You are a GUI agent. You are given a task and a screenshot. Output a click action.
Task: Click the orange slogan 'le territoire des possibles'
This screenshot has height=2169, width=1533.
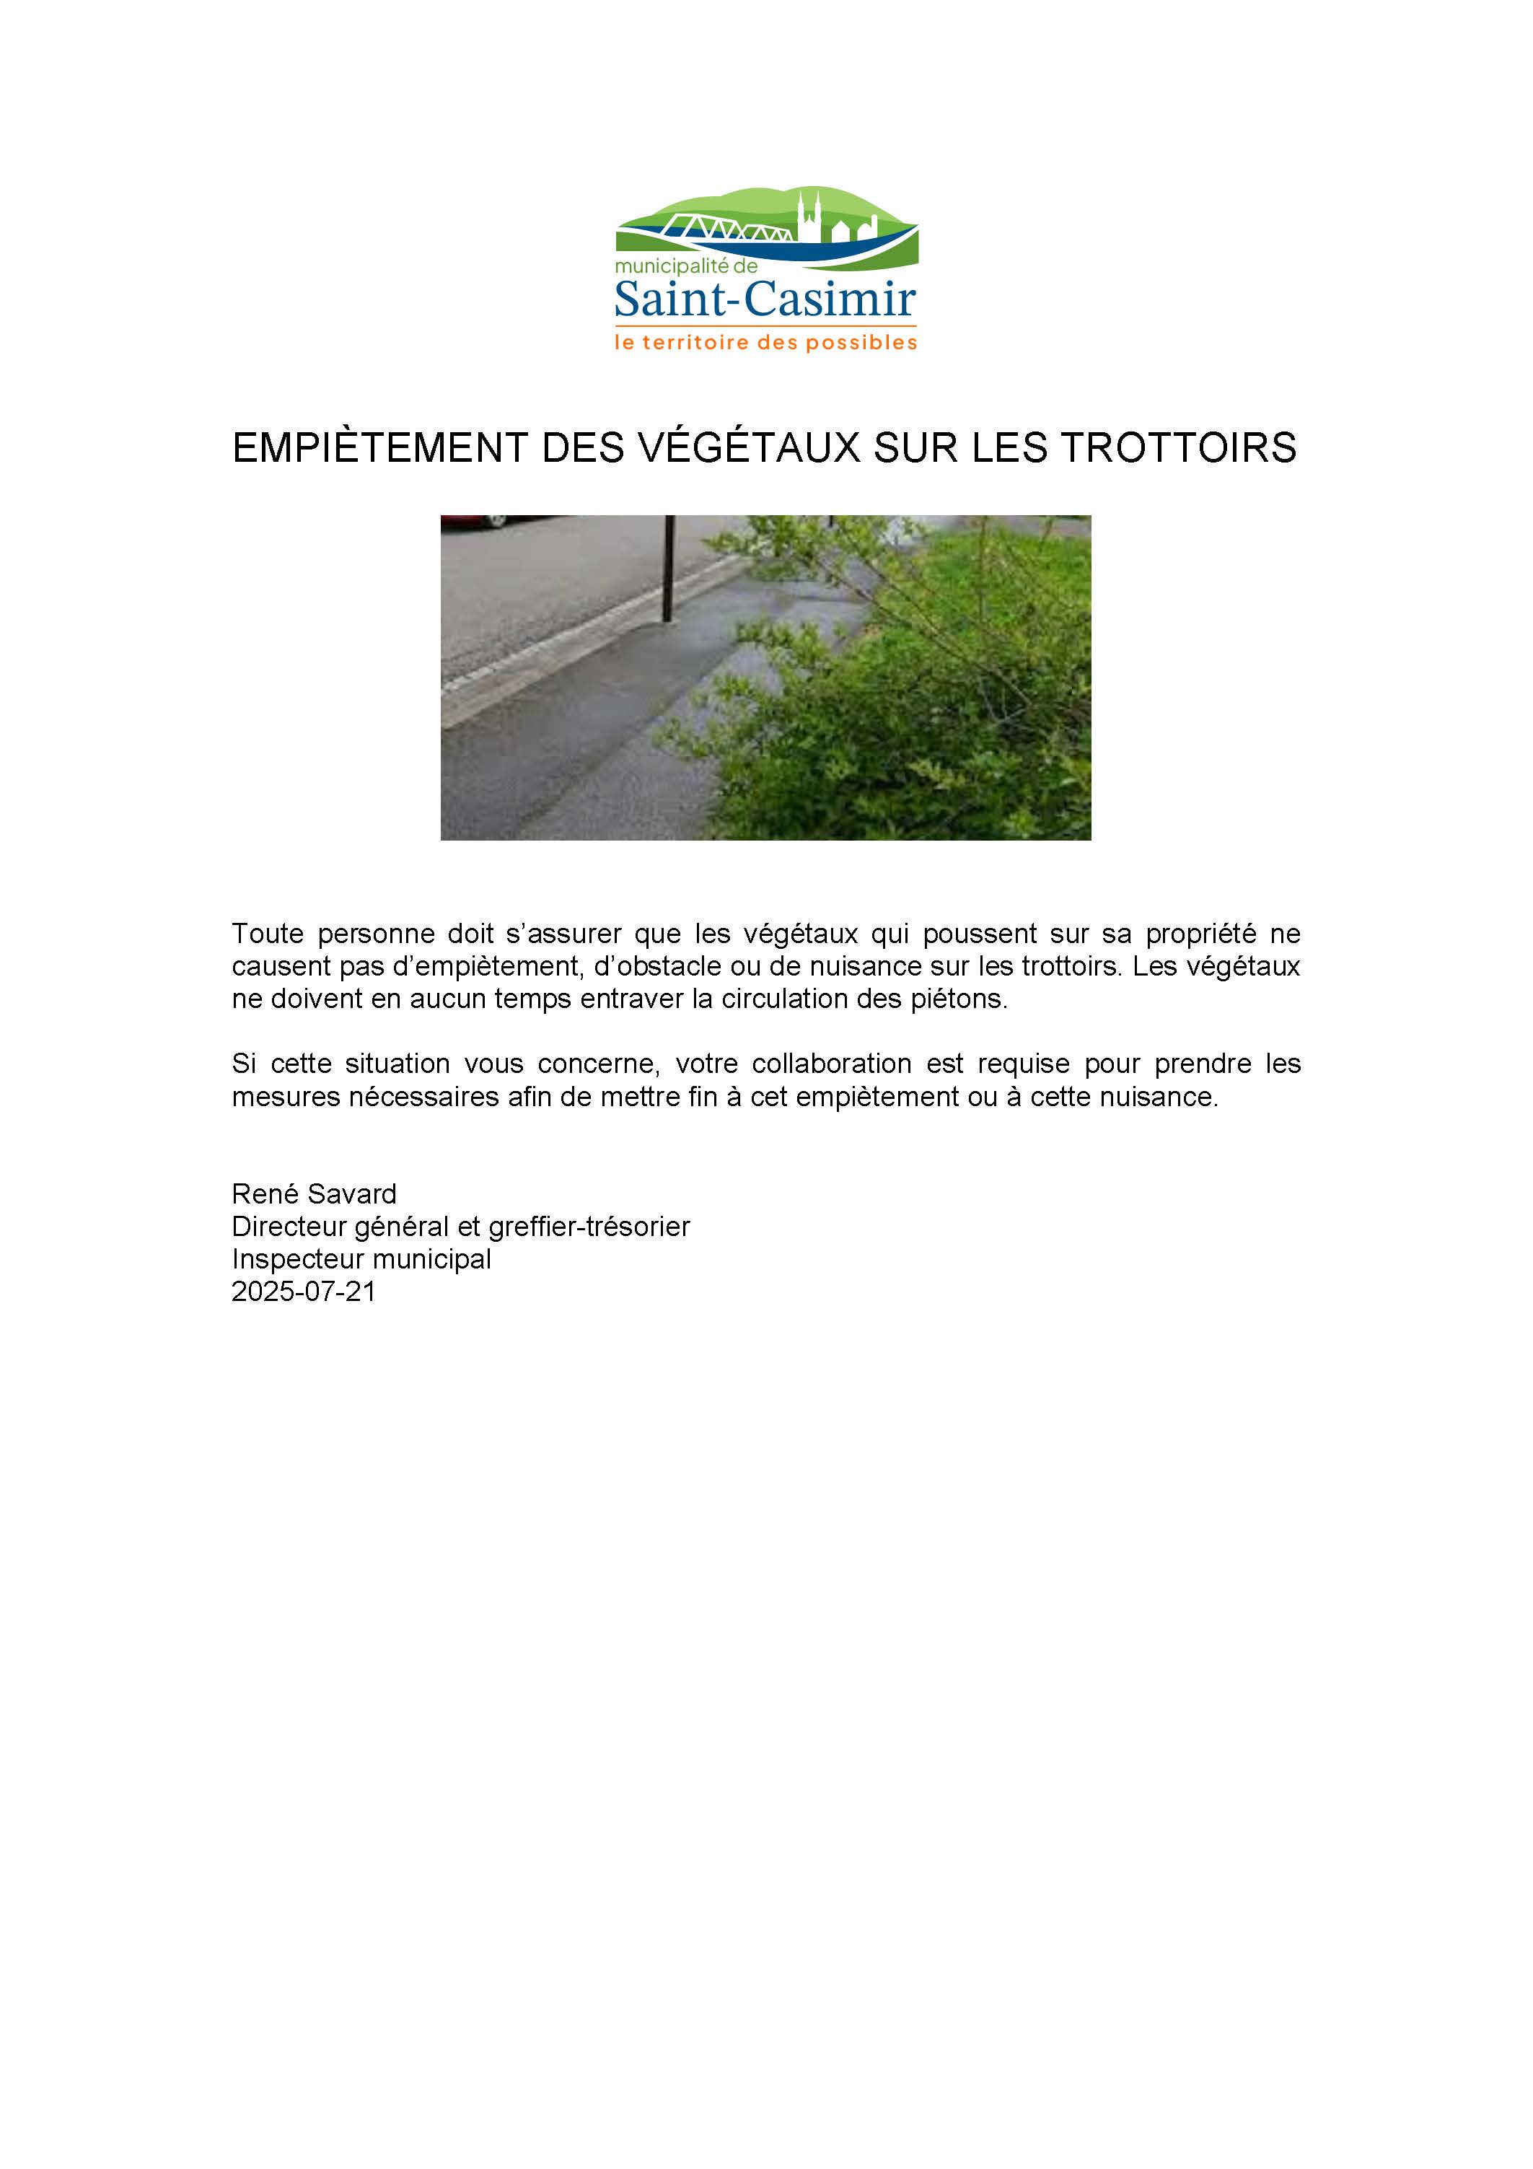[765, 342]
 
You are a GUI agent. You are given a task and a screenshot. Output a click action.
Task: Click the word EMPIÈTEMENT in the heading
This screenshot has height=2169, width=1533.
[379, 448]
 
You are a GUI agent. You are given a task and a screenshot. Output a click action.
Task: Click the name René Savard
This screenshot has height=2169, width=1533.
[314, 1194]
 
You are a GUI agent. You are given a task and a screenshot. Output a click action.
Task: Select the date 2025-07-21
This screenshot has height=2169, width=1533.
[303, 1292]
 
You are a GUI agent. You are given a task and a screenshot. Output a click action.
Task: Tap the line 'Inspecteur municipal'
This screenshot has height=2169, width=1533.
[361, 1259]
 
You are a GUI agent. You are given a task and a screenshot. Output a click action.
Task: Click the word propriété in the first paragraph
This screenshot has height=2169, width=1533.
[1200, 934]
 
